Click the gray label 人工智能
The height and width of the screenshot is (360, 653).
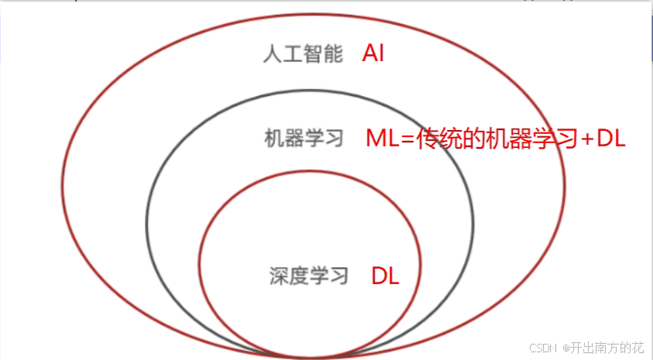tap(302, 55)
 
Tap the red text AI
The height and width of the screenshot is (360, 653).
tap(373, 54)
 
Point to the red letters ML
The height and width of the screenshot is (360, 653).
tap(383, 139)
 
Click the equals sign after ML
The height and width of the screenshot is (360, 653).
tap(408, 139)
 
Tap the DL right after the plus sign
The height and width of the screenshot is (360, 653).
tap(611, 139)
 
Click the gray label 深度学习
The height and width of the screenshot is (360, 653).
tap(309, 275)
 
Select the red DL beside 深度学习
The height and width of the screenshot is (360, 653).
tap(385, 276)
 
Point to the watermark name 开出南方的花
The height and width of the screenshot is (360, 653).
tap(608, 348)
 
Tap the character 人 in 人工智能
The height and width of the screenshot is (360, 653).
tap(271, 55)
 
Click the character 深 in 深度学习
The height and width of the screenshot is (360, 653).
tap(279, 275)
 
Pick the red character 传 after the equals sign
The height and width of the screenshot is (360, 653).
tap(429, 139)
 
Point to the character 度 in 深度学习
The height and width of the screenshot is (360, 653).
tap(299, 275)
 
